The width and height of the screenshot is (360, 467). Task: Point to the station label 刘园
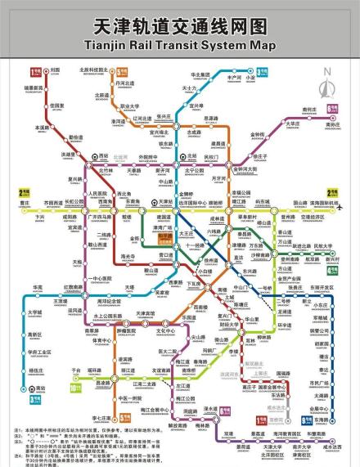[56, 71]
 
